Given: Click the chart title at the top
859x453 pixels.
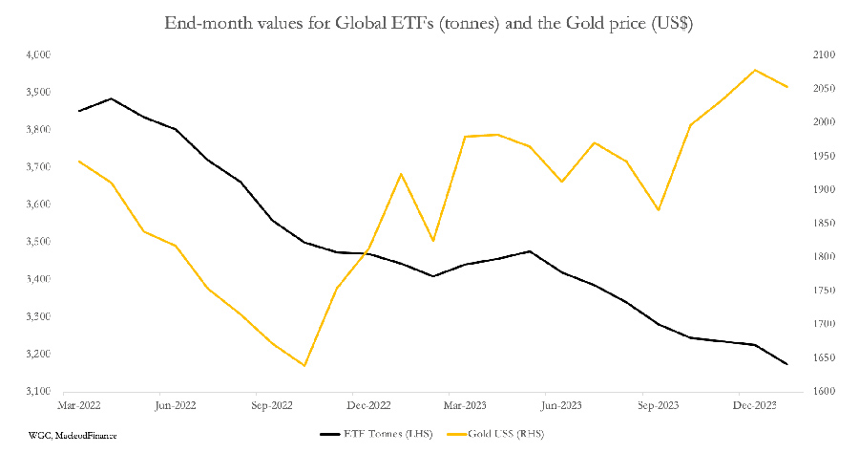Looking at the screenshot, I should coord(429,23).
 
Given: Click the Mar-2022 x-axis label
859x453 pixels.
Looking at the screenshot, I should coord(79,405).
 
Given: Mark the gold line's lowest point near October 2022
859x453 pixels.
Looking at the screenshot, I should coord(304,365).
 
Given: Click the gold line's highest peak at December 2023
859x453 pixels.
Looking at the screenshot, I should coord(755,70).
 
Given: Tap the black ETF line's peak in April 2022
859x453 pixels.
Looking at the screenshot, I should coord(112,98).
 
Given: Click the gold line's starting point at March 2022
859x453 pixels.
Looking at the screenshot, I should coord(79,161).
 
